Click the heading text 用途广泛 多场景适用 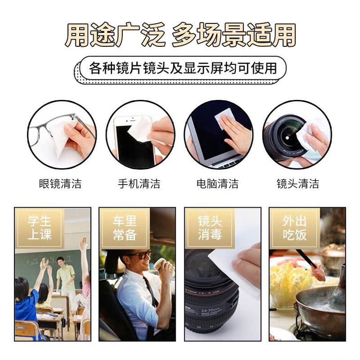click(x=180, y=35)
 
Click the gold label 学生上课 click(x=39, y=228)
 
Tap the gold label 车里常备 click(x=124, y=228)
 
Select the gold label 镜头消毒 click(x=210, y=228)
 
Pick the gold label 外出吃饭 click(x=294, y=228)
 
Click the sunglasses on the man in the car click(x=137, y=256)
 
